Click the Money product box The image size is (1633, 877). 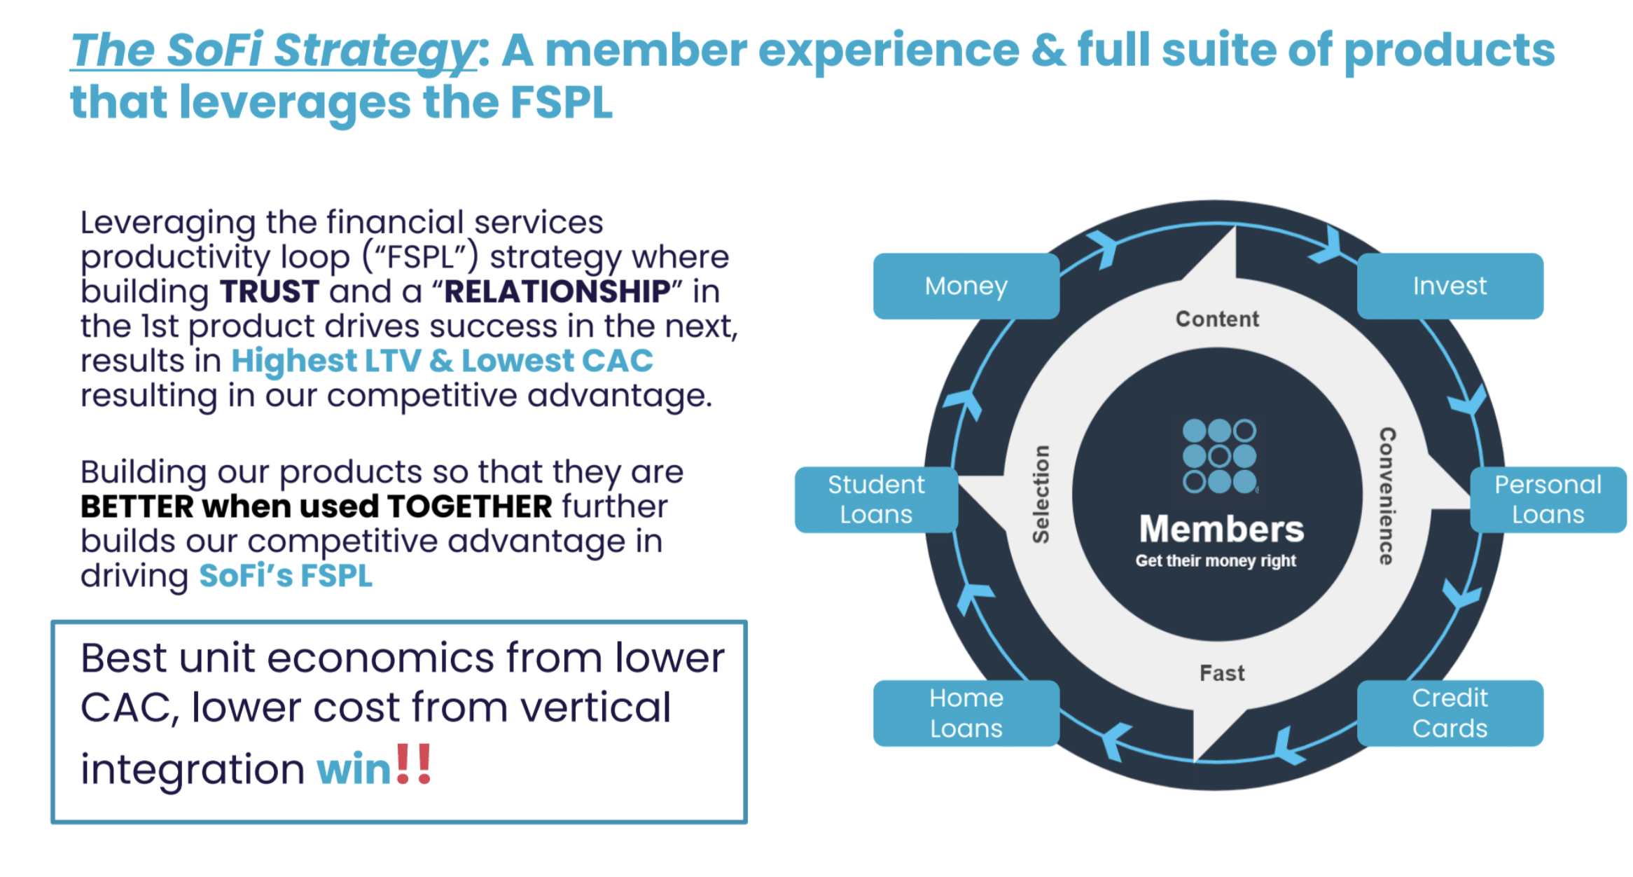tap(966, 286)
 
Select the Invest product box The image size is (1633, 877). tap(1450, 286)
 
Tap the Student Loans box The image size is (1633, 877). tap(876, 499)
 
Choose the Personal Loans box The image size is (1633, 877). tap(1548, 499)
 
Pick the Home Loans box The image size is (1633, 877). tap(966, 713)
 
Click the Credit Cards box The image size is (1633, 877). tap(1450, 713)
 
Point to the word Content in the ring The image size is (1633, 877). tap(1217, 319)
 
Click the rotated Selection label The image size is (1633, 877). tap(1041, 494)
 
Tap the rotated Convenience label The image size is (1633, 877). tap(1387, 496)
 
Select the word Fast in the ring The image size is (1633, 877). tap(1222, 673)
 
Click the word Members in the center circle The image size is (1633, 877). tap(1221, 529)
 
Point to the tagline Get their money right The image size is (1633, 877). tap(1216, 561)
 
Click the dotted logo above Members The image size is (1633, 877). tap(1219, 456)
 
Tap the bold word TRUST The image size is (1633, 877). tap(270, 291)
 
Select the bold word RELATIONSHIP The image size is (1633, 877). tap(557, 291)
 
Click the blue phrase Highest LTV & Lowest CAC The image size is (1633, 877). tap(442, 361)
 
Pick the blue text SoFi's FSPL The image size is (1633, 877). tap(286, 576)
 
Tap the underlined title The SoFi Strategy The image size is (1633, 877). tap(273, 50)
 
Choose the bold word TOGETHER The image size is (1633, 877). tap(470, 506)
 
